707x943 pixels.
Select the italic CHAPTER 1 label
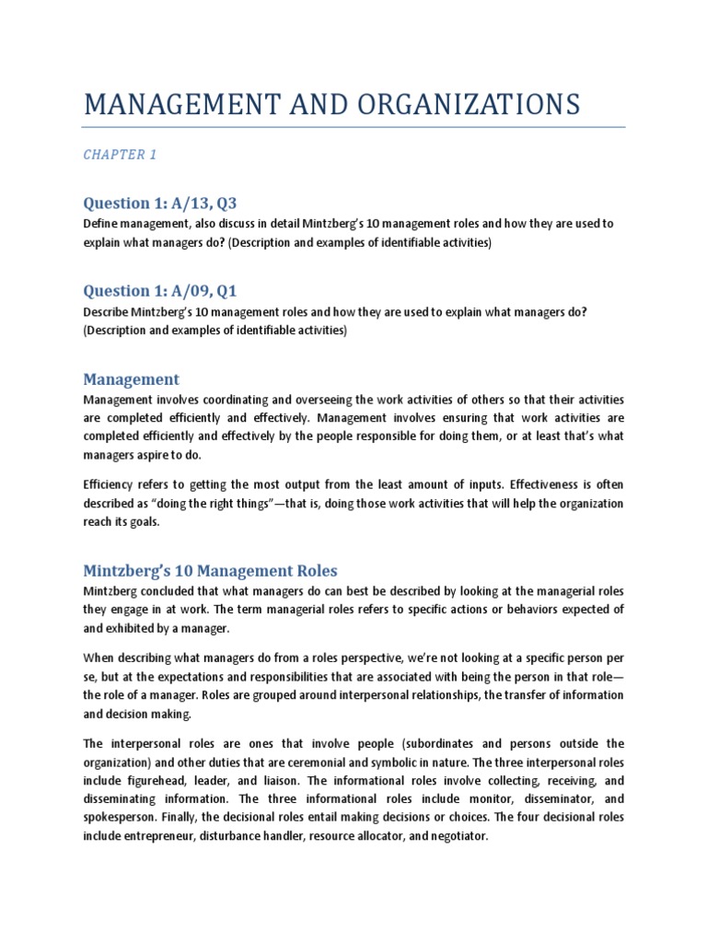[120, 155]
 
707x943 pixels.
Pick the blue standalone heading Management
[131, 379]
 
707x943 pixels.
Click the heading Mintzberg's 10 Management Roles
[211, 571]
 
